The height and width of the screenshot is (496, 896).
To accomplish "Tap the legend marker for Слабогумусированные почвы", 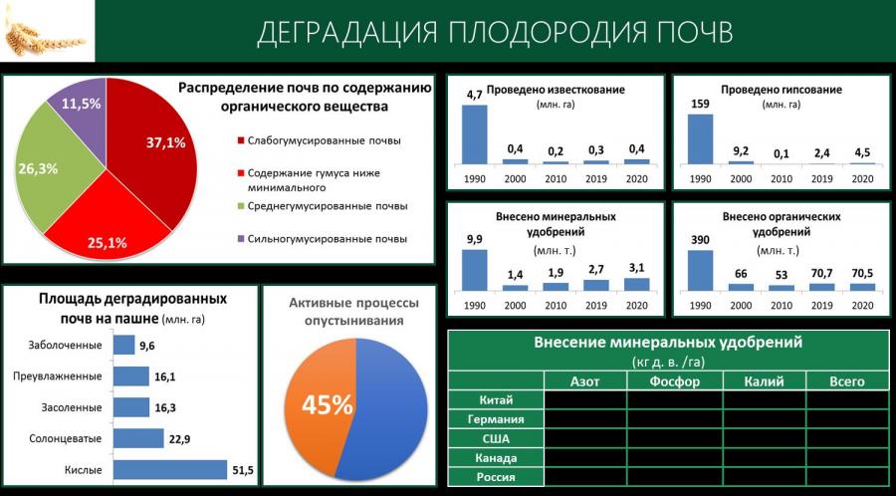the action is (x=239, y=141).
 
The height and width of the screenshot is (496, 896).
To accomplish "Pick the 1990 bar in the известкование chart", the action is (x=474, y=134).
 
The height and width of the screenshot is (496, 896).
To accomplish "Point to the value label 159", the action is (x=700, y=104).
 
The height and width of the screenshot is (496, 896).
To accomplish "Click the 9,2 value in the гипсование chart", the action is (x=741, y=151).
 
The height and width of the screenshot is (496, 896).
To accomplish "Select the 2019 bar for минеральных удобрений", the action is (x=595, y=285).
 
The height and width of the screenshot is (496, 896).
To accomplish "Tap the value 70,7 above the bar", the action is (x=821, y=274).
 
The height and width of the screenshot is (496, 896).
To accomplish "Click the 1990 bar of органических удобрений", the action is (x=700, y=271).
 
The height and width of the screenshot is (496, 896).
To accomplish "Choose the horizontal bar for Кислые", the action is (x=170, y=470).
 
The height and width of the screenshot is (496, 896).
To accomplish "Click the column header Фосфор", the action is (x=674, y=381).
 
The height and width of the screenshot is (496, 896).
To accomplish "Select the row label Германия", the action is (x=496, y=419).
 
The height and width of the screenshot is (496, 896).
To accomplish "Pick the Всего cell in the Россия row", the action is (x=848, y=476).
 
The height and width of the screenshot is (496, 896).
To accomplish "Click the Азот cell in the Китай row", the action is (x=585, y=400).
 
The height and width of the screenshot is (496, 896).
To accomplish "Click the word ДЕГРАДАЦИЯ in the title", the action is (x=346, y=32).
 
